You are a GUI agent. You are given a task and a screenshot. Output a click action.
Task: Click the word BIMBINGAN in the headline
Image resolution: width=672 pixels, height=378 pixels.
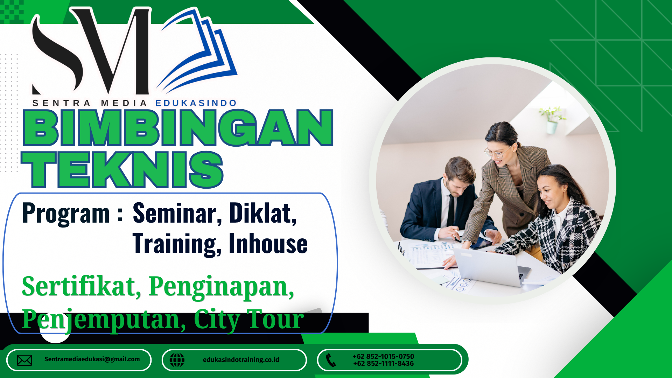(x=178, y=128)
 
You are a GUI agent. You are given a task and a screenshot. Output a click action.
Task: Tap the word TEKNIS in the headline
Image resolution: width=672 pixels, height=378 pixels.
(x=122, y=170)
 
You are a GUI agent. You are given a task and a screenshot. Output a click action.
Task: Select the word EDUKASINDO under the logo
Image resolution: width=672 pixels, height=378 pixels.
(x=196, y=103)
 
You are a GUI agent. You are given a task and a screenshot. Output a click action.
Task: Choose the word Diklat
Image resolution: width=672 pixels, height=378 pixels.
(x=263, y=213)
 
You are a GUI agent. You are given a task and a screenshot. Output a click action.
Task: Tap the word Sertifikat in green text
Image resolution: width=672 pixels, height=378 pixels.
(x=82, y=287)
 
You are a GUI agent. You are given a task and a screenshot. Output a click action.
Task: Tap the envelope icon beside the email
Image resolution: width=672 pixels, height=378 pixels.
(x=24, y=360)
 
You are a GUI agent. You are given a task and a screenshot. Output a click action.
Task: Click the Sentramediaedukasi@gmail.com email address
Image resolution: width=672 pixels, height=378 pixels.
(x=92, y=359)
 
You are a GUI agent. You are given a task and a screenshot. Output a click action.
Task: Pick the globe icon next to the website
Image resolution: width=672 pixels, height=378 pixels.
(x=177, y=360)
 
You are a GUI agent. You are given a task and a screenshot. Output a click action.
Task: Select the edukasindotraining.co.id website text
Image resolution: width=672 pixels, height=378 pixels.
(x=241, y=359)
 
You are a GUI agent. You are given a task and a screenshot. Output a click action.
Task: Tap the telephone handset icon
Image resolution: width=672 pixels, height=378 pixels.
(x=331, y=360)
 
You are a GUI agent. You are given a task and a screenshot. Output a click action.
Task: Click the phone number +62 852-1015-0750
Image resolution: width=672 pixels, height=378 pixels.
(x=383, y=356)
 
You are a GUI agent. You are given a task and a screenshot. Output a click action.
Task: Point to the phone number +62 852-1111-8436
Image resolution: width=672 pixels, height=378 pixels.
(x=383, y=364)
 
